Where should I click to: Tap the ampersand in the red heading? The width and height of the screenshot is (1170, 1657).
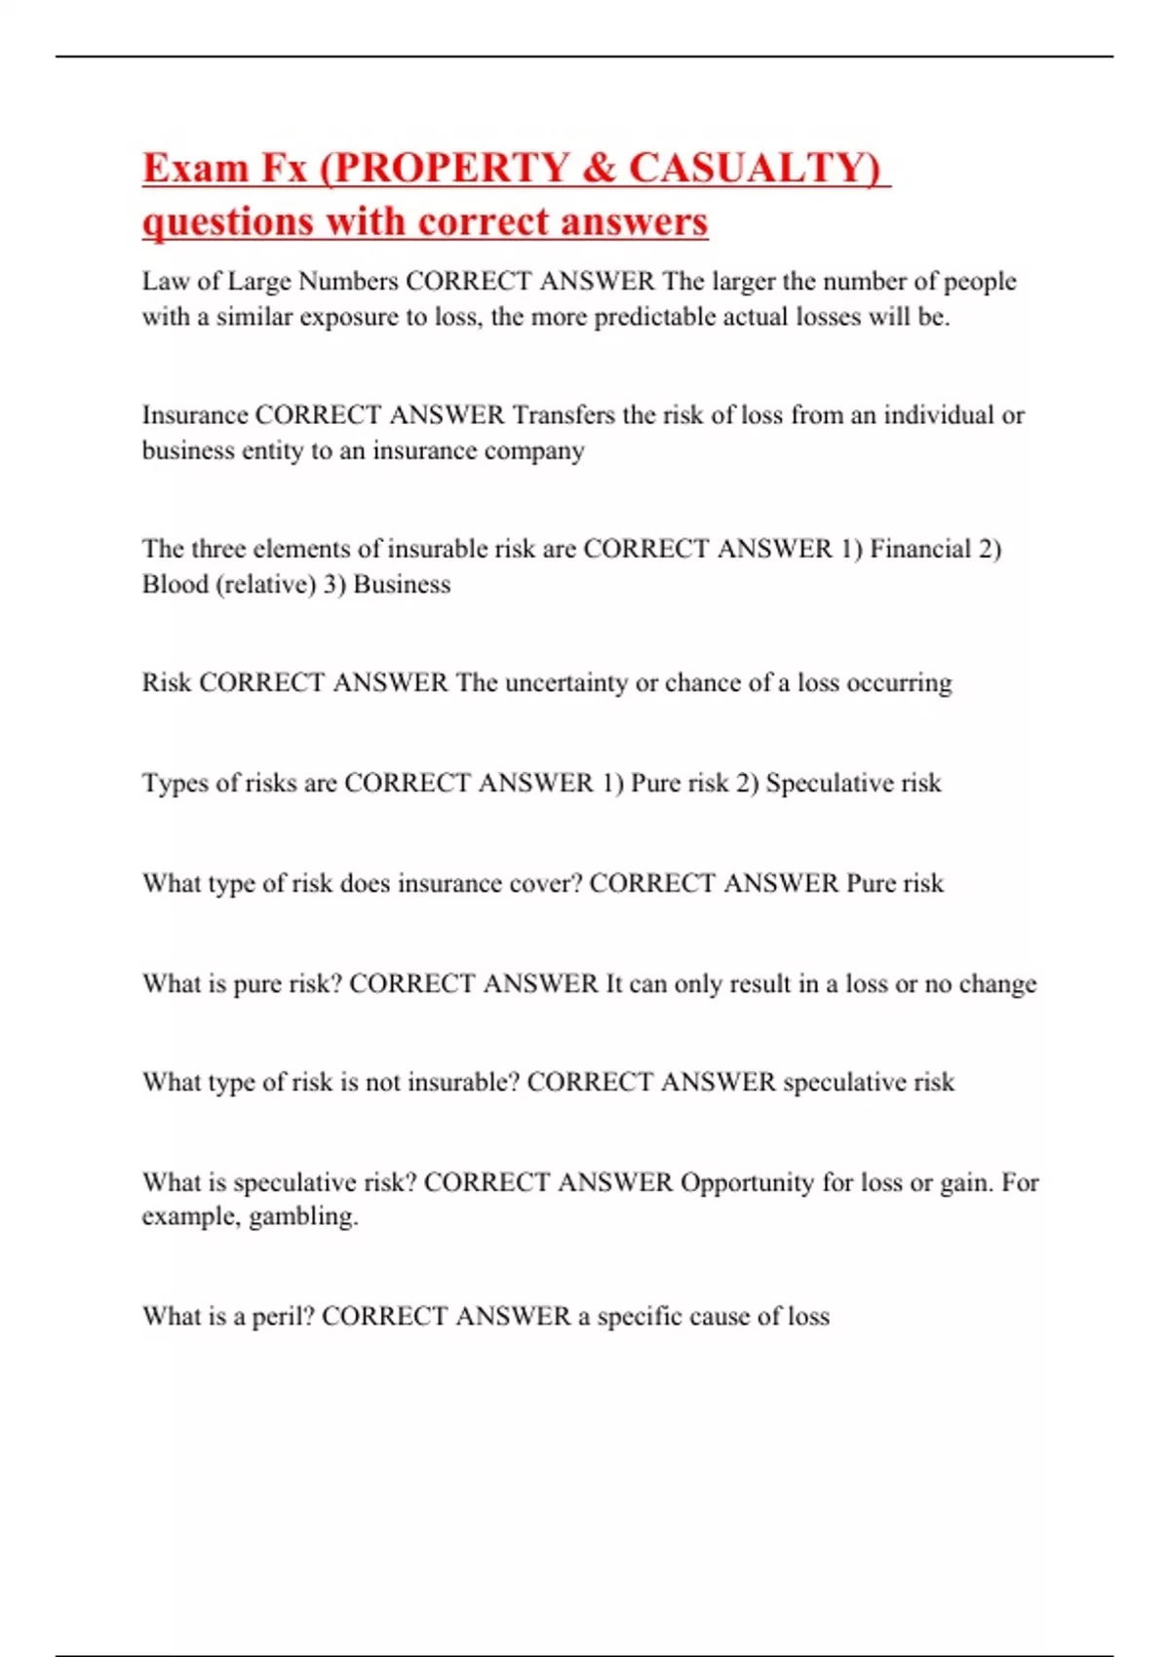(x=599, y=167)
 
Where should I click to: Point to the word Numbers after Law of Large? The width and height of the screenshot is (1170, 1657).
(x=347, y=282)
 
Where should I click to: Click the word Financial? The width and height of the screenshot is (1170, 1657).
(x=919, y=549)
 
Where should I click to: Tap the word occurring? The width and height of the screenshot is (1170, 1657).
(x=899, y=682)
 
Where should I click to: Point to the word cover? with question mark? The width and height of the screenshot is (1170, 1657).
(x=546, y=883)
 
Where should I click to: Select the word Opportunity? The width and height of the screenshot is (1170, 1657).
(x=747, y=1182)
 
